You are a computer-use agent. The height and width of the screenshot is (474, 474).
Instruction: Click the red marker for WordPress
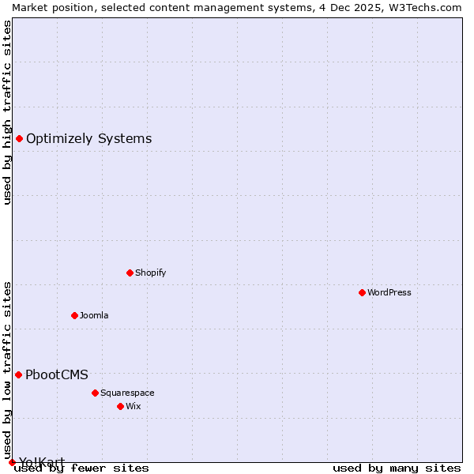tap(362, 292)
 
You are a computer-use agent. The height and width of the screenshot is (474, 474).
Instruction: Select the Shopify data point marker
tap(130, 273)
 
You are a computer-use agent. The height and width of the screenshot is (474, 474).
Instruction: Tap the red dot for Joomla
tap(74, 315)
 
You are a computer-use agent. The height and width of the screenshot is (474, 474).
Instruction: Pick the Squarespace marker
tap(95, 393)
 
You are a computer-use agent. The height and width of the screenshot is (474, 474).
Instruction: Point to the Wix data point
tap(120, 406)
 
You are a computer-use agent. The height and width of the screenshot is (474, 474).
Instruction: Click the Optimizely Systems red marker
tap(19, 139)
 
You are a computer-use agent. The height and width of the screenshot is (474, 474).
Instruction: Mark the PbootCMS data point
tap(18, 374)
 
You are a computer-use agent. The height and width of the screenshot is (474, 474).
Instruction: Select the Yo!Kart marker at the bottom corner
tap(12, 462)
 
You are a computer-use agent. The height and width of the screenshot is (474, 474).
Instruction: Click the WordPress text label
tap(389, 292)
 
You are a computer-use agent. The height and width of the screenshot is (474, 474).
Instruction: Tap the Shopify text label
tap(150, 273)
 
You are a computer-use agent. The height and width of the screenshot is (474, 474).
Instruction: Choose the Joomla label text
tap(94, 315)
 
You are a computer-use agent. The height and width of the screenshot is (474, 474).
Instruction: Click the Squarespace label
tap(127, 393)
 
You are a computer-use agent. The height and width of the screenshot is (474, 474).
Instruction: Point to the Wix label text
tap(133, 406)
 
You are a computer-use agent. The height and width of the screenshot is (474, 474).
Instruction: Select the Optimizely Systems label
tap(88, 139)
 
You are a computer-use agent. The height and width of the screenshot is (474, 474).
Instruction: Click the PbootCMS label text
tap(57, 374)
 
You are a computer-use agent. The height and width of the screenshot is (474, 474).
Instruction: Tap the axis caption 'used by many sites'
tap(397, 468)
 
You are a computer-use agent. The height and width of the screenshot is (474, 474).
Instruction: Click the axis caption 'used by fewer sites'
tap(81, 468)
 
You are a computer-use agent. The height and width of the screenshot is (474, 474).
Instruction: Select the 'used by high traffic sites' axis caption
tap(7, 112)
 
